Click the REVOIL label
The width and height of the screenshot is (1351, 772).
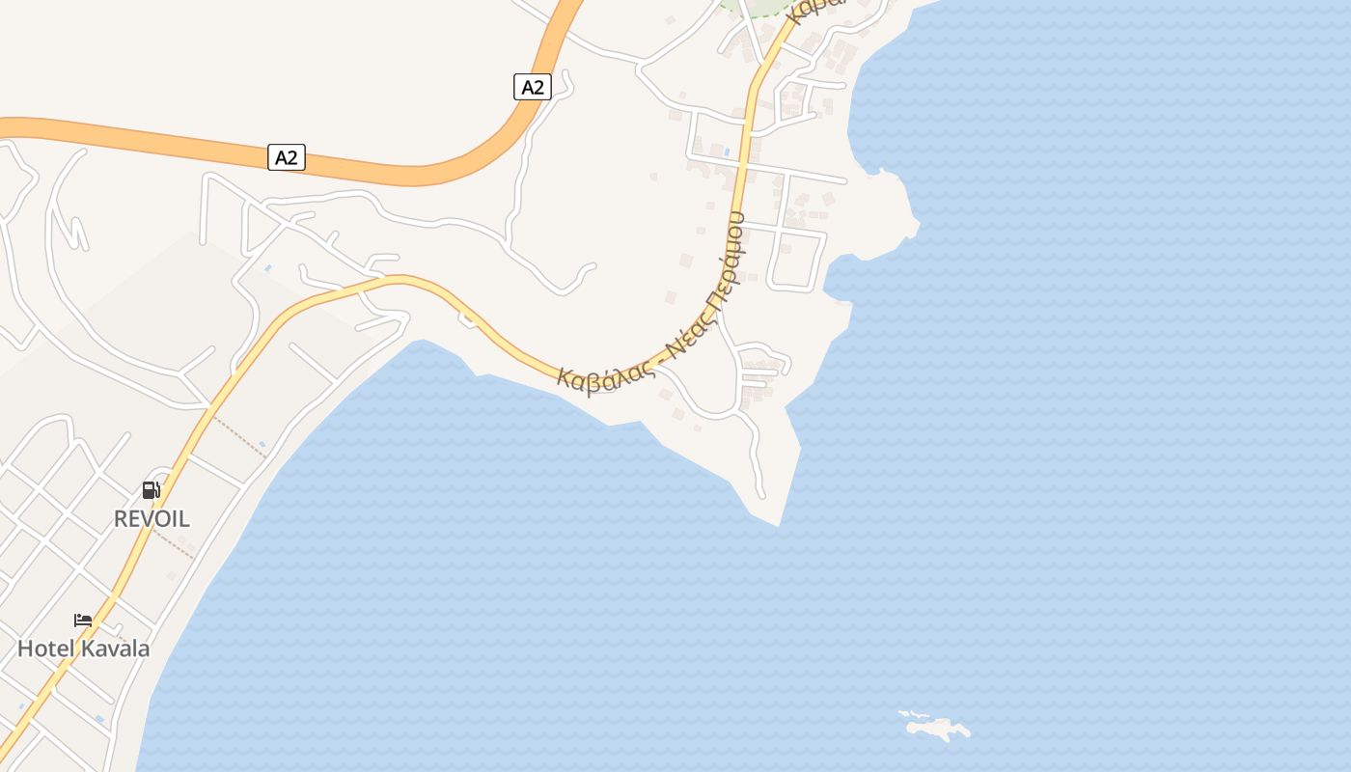[x=152, y=518]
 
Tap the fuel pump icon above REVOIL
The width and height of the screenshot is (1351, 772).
[x=151, y=490]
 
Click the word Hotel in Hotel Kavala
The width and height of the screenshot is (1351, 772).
[x=45, y=648]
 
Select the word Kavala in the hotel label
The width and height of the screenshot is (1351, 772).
[x=115, y=648]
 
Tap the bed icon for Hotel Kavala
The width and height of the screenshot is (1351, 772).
[x=83, y=620]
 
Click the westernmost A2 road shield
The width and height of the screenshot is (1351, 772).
[x=286, y=157]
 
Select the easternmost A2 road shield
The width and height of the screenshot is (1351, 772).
[x=532, y=87]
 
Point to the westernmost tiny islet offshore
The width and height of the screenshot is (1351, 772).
[x=903, y=714]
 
